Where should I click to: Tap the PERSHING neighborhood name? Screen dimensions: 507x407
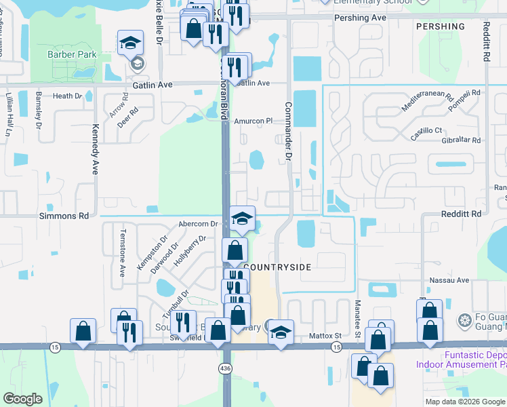[x=441, y=26]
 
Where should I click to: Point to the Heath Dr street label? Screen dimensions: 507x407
[x=67, y=96]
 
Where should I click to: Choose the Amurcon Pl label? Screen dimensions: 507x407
[x=253, y=121]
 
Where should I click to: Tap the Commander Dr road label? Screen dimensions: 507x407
[x=287, y=131]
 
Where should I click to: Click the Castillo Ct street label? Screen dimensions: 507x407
[x=426, y=130]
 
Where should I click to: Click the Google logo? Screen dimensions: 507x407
[x=23, y=399]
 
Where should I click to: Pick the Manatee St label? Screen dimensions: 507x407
[x=357, y=316]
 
